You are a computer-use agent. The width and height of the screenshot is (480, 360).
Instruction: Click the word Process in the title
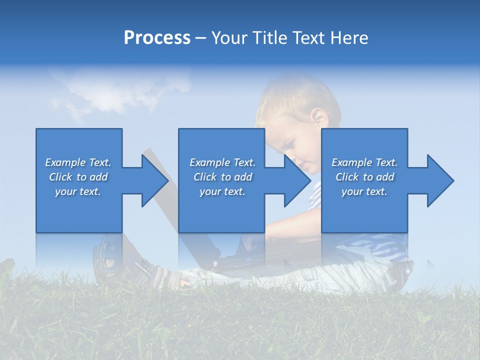pyautogui.click(x=157, y=38)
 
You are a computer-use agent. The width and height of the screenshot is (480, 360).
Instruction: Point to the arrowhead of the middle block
pyautogui.click(x=297, y=180)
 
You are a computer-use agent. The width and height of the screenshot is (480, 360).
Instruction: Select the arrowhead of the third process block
pyautogui.click(x=440, y=180)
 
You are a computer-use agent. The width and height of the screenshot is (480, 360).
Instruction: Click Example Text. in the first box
pyautogui.click(x=78, y=162)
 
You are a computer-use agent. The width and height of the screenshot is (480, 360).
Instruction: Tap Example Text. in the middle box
pyautogui.click(x=222, y=162)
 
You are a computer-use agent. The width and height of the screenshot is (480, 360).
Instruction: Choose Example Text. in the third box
pyautogui.click(x=364, y=162)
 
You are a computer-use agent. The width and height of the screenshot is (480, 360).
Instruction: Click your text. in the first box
pyautogui.click(x=78, y=191)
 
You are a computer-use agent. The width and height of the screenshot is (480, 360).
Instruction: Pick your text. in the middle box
pyautogui.click(x=222, y=191)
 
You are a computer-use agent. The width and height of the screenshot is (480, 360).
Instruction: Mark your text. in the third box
pyautogui.click(x=364, y=191)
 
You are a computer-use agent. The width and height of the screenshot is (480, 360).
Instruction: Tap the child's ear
pyautogui.click(x=319, y=118)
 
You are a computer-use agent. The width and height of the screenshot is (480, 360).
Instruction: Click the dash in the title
pyautogui.click(x=200, y=38)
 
